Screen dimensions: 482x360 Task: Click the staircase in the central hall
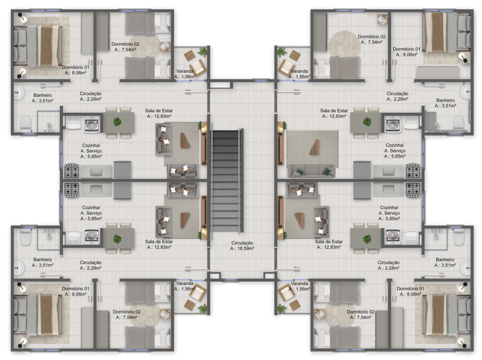[227, 181]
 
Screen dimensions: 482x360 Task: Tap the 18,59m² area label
[242, 248]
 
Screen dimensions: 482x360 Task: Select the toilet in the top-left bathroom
[26, 123]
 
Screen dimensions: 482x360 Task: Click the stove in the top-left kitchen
[72, 171]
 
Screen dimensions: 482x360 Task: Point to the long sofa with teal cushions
[311, 171]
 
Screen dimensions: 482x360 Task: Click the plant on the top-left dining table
[117, 122]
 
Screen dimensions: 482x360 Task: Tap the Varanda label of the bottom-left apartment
[185, 284]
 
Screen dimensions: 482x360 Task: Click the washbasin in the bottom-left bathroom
[19, 268]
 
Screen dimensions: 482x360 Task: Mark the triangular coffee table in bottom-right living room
[299, 220]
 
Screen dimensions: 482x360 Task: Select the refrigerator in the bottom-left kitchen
[122, 191]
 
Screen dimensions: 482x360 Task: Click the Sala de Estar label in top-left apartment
[159, 111]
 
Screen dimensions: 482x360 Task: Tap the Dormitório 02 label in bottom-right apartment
[361, 312]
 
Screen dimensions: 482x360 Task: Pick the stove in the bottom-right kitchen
[413, 190]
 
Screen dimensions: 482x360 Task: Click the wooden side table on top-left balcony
[190, 56]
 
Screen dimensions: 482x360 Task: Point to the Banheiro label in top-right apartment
[445, 100]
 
